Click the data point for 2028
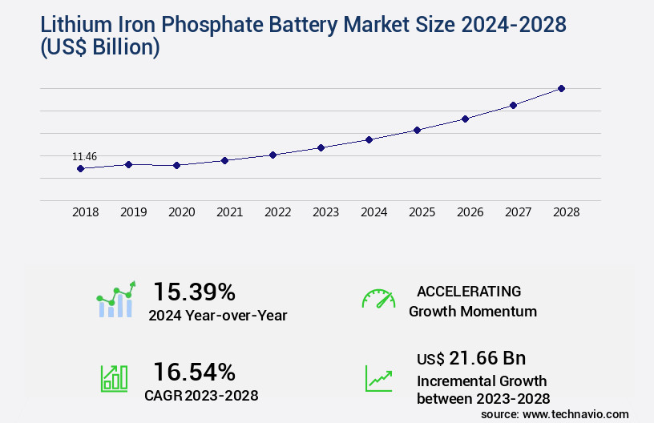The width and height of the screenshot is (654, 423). [x=561, y=88]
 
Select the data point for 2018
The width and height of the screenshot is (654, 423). [x=80, y=168]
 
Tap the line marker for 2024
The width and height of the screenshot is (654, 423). [x=369, y=139]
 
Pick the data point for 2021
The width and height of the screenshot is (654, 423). [x=224, y=160]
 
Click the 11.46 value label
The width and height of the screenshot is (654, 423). [x=84, y=156]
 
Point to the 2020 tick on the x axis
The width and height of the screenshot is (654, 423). [x=181, y=212]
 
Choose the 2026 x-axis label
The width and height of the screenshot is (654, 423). [x=470, y=212]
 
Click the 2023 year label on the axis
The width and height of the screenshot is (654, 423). [x=325, y=212]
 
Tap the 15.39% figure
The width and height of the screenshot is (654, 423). [x=194, y=292]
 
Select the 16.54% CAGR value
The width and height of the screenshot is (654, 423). [x=194, y=372]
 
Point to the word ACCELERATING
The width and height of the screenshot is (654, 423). [x=469, y=292]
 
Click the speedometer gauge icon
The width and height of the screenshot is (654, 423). [x=378, y=299]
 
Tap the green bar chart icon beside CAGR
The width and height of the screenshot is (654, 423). [x=114, y=378]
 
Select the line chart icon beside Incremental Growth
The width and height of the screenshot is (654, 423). [x=378, y=378]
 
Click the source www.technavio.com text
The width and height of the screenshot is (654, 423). [x=555, y=414]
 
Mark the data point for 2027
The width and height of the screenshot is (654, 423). [x=513, y=105]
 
